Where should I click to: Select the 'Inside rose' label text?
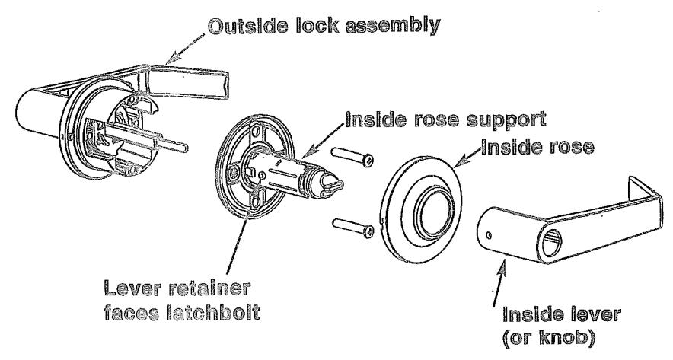536,148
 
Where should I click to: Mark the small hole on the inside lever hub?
490,228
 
